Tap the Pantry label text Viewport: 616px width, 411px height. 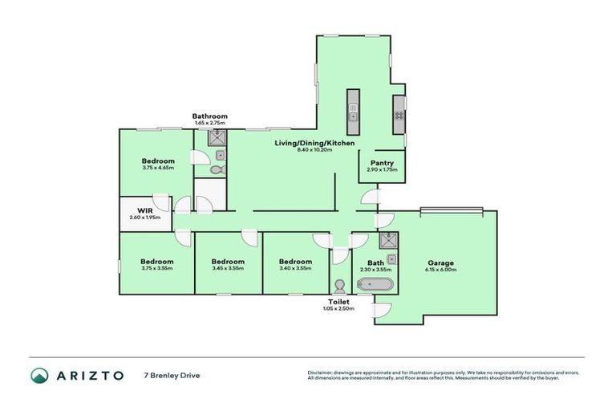point(381,163)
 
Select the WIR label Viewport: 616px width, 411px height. point(144,210)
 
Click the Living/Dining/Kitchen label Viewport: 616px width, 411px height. point(314,142)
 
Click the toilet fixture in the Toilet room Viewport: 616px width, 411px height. point(339,287)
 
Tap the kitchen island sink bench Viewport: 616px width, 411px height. point(352,112)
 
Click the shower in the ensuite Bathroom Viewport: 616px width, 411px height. point(217,139)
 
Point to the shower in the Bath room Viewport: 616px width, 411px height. point(387,239)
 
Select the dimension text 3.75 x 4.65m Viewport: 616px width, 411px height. point(157,167)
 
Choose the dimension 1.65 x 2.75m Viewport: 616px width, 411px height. point(209,123)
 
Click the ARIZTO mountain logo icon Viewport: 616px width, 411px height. point(39,375)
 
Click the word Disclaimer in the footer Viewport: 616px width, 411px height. point(322,372)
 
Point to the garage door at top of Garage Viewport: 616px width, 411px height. point(452,210)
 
